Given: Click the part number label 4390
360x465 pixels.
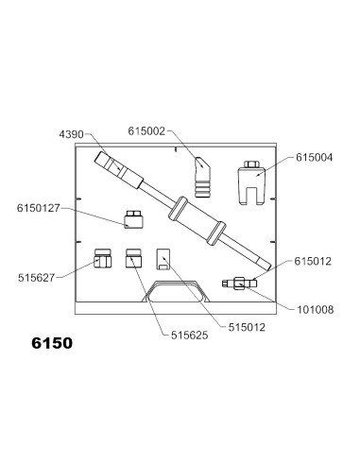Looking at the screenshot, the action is tap(72, 134).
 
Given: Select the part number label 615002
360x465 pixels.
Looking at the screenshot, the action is tap(146, 131).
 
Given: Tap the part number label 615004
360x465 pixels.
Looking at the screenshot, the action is tap(314, 157).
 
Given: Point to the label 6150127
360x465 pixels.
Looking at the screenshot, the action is tap(38, 208).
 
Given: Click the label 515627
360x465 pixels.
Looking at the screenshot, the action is tap(36, 278).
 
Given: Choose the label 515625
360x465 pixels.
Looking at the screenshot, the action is tap(190, 336).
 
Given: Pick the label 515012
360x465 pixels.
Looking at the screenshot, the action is tap(247, 327).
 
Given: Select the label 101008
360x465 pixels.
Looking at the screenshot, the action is tap(316, 310).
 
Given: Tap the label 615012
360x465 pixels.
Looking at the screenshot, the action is tap(313, 261).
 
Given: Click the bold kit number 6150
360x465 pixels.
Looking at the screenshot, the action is tap(52, 343).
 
